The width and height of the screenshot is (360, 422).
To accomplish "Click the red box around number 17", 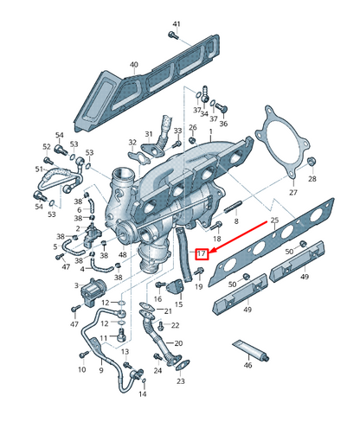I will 202,254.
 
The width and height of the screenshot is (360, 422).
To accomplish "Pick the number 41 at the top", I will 177,23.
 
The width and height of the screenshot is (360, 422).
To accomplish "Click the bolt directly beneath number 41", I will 173,37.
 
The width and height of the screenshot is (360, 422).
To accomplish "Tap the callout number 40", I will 133,65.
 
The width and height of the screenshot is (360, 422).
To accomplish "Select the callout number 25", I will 274,221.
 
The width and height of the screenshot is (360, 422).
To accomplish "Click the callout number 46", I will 247,366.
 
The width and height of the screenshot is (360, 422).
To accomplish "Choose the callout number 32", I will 132,143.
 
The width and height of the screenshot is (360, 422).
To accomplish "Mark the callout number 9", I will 101,370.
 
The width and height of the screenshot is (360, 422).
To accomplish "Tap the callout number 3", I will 76,285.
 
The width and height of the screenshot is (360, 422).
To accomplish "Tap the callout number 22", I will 174,325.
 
